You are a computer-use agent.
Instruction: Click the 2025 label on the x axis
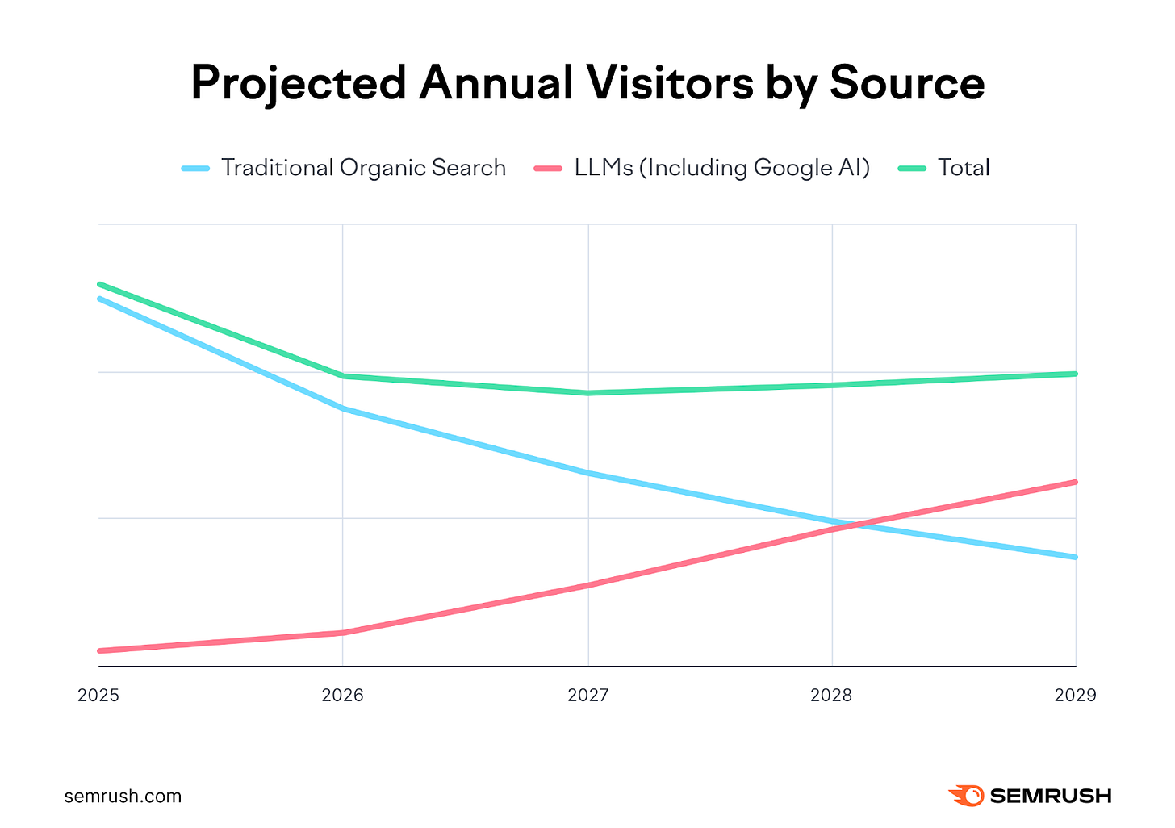[98, 695]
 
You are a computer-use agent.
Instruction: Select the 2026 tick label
[343, 695]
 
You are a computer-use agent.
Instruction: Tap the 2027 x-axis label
[587, 695]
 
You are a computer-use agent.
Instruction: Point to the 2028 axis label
[831, 695]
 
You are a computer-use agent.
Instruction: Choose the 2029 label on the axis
[1075, 695]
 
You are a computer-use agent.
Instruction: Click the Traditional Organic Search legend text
[363, 168]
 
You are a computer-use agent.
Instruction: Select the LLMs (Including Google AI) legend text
[722, 168]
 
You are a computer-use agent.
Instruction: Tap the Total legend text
[964, 168]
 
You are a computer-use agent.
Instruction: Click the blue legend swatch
[195, 168]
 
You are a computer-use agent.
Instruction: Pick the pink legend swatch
[548, 168]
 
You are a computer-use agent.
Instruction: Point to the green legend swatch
[912, 168]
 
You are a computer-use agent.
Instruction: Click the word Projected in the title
[298, 83]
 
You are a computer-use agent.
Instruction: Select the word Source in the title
[907, 83]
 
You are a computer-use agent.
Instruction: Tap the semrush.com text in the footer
[123, 797]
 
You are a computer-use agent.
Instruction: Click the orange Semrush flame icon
[966, 796]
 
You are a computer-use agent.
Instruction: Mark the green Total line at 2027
[588, 393]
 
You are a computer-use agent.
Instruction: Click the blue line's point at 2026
[343, 409]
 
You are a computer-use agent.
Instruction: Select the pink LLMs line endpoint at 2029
[1075, 482]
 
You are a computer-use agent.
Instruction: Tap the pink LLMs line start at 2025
[99, 650]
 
